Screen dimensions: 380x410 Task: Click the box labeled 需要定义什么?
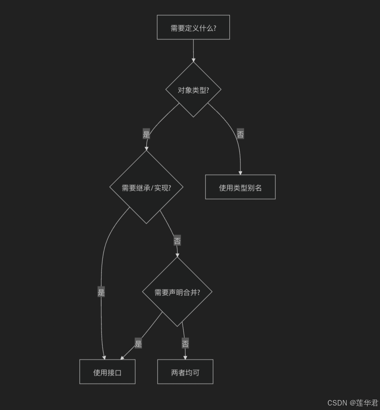coord(193,27)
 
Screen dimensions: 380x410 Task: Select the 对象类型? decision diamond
coord(193,90)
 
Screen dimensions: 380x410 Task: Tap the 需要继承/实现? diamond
coord(146,188)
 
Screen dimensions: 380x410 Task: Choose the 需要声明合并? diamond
coord(177,292)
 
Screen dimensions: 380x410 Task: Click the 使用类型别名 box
coord(240,187)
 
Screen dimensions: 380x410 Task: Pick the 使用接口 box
coord(107,372)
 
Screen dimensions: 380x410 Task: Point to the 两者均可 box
coord(185,372)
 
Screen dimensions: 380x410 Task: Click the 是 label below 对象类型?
coord(146,134)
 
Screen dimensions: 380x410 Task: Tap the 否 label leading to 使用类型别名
coord(240,134)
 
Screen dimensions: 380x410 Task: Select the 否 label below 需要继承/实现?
coord(177,241)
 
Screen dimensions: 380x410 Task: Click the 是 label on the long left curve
coord(101,292)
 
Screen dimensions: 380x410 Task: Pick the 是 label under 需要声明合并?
coord(138,343)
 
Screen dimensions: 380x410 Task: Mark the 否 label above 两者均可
coord(185,343)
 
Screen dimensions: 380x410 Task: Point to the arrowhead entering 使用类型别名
coord(240,172)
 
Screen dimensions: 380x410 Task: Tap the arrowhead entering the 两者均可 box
coord(185,357)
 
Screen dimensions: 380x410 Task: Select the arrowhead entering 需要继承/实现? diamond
coord(146,148)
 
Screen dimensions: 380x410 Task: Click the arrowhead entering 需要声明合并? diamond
coord(177,255)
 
